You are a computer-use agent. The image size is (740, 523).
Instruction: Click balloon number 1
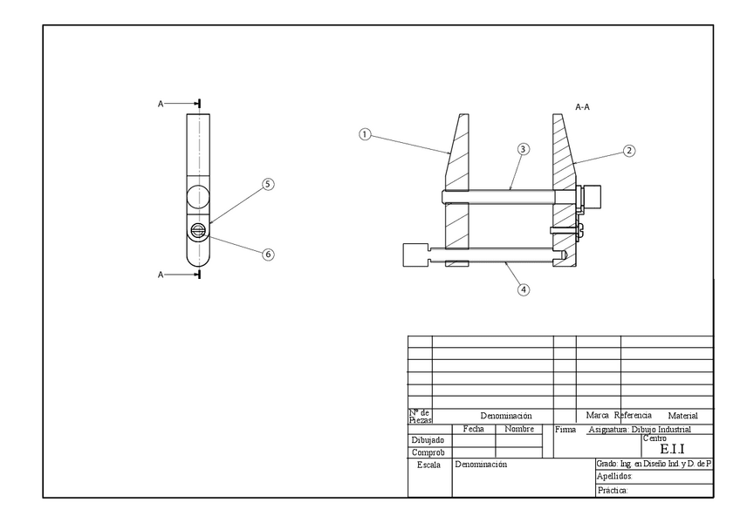click(365, 134)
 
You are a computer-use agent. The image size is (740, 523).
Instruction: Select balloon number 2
click(628, 150)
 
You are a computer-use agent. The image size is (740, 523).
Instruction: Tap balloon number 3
click(523, 149)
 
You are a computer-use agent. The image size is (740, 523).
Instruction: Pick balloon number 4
click(524, 290)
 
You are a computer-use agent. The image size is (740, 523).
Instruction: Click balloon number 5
click(268, 184)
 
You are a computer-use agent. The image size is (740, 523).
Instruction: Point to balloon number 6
click(268, 254)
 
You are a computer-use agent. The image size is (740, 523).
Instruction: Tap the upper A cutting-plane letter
click(161, 104)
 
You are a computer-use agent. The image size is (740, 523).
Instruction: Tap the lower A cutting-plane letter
click(161, 275)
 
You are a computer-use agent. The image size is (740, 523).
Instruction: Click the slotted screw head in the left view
click(198, 230)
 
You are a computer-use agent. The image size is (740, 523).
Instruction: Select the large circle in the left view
click(198, 196)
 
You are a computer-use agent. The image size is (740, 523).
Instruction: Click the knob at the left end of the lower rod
click(413, 255)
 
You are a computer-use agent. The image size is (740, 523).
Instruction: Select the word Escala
click(428, 465)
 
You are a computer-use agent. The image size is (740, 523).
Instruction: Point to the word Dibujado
click(428, 440)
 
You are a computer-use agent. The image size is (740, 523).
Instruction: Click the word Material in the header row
click(682, 416)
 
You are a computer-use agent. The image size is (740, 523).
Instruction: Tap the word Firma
click(565, 430)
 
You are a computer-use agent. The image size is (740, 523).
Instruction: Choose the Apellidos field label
click(614, 478)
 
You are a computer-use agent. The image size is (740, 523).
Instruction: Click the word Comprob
click(428, 452)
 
